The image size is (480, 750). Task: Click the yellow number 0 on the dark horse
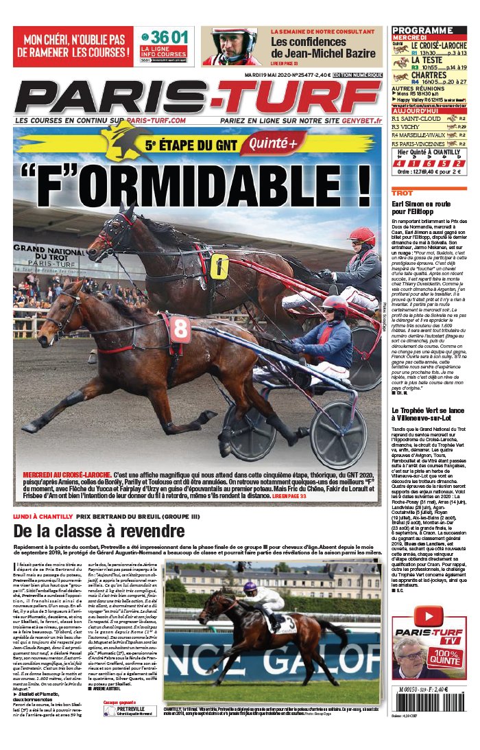point(218,266)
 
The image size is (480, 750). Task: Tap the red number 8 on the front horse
point(180,329)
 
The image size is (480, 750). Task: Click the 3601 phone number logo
point(163,37)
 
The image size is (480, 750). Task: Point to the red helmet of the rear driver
point(361,236)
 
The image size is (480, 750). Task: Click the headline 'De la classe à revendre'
point(99,531)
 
